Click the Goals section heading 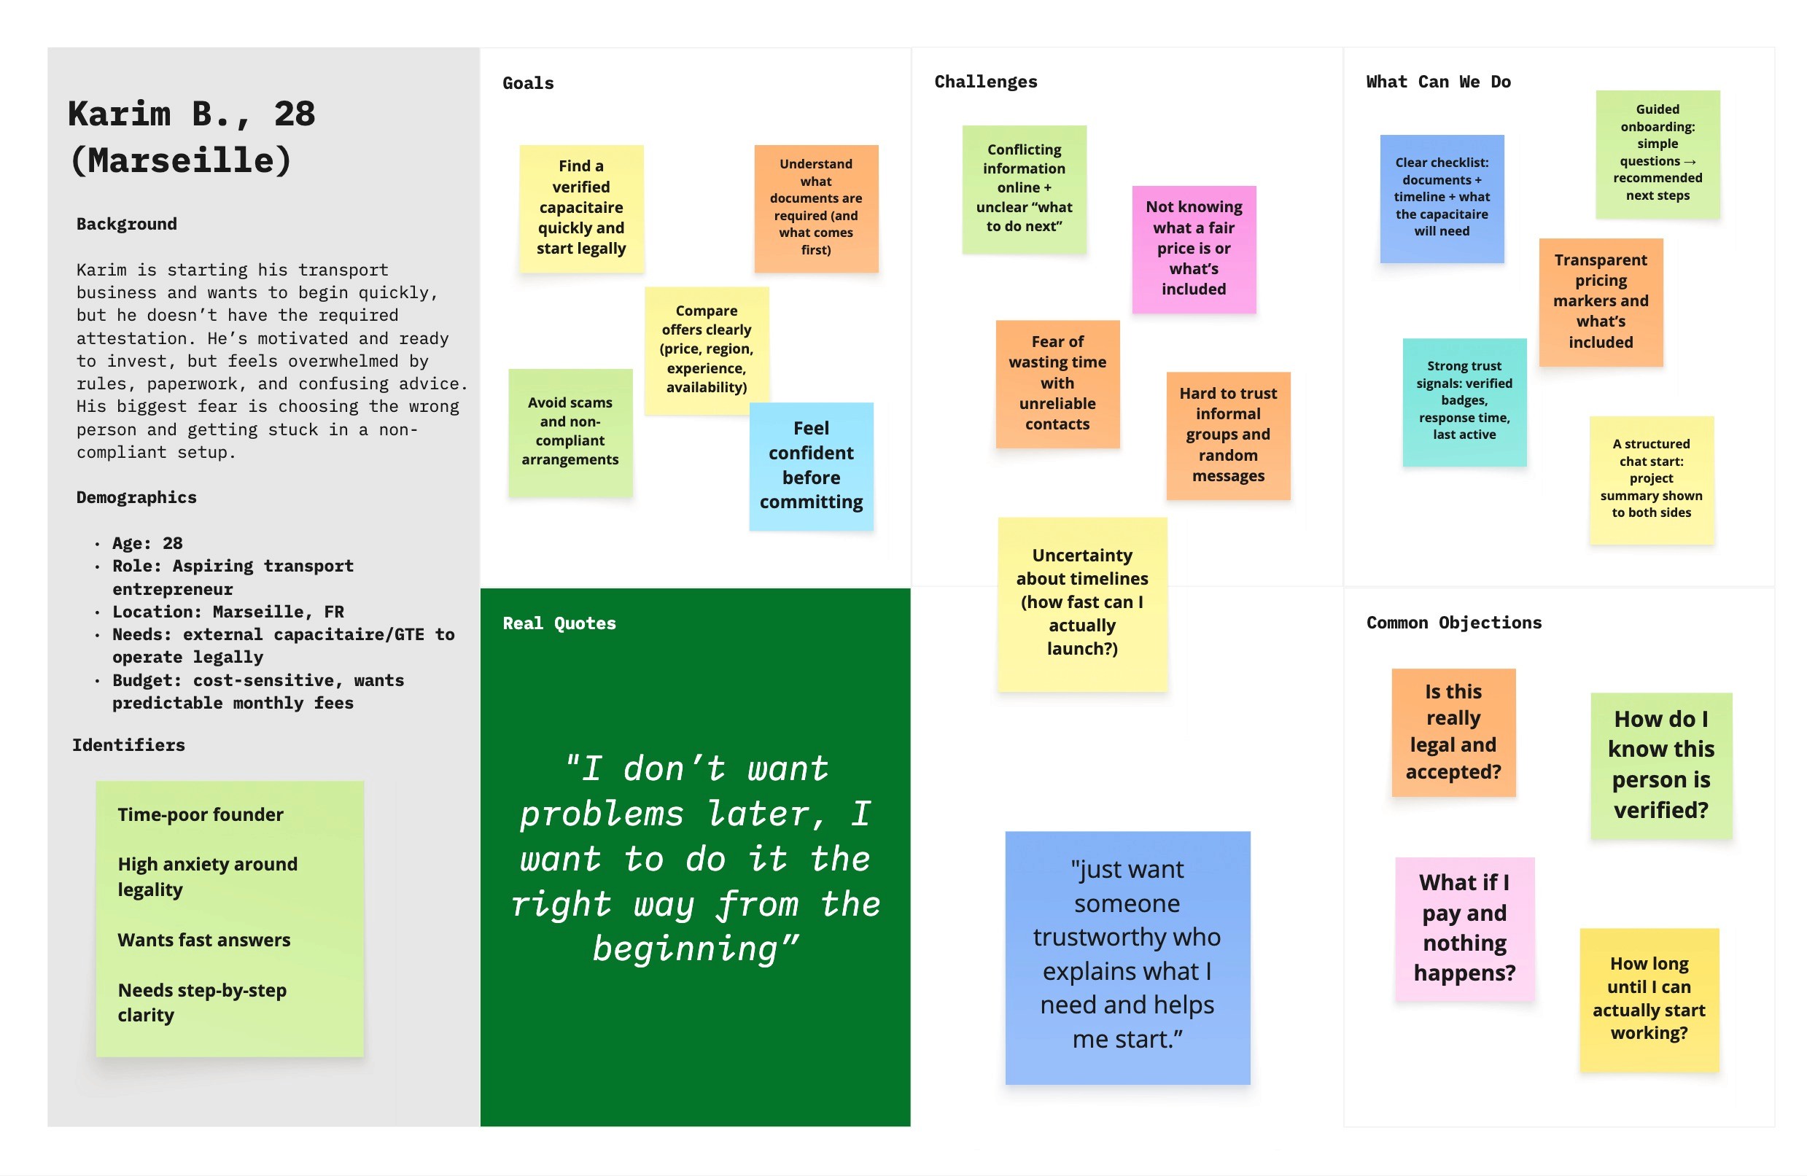pos(528,84)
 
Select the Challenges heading pos(984,82)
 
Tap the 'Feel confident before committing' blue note pos(811,465)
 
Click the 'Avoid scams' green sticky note pos(570,431)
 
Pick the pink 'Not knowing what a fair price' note pos(1194,249)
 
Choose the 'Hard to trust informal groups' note pos(1228,435)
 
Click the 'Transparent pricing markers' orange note pos(1601,301)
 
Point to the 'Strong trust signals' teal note pos(1464,401)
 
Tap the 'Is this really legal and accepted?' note pos(1453,732)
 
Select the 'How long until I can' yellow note pos(1648,998)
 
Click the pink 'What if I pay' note pos(1464,927)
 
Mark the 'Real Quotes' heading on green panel pos(559,623)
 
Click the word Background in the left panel pos(127,224)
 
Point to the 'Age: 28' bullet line pos(147,543)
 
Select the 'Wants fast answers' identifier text pos(203,940)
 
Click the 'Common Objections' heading pos(1453,623)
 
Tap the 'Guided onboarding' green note pos(1657,152)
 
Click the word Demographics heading pos(136,497)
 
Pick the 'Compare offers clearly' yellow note pos(706,349)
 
